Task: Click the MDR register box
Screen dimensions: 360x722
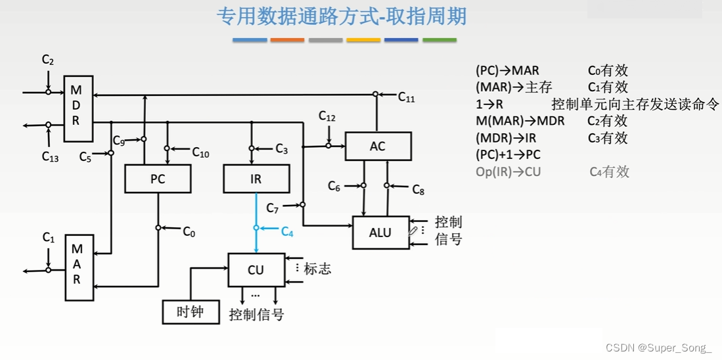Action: (x=77, y=108)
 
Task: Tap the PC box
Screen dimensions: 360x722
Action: (x=158, y=178)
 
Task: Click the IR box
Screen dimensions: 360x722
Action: (x=256, y=178)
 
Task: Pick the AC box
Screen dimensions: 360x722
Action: (x=378, y=146)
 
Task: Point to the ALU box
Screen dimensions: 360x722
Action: (x=380, y=232)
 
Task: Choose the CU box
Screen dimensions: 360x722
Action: (x=256, y=269)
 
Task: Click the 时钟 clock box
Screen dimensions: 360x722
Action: (x=191, y=312)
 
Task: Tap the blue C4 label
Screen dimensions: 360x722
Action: (x=288, y=231)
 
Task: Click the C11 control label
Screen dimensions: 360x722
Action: (x=407, y=97)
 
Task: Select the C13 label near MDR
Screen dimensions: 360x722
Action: (x=50, y=156)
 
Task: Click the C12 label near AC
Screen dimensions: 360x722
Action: (x=327, y=116)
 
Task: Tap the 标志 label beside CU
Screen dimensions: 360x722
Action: (x=317, y=269)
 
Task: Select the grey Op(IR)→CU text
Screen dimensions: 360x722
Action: (x=508, y=172)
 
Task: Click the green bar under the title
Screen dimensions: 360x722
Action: (x=439, y=41)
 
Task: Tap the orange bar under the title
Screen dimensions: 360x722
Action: (x=287, y=41)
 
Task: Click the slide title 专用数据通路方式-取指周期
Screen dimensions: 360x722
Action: (x=342, y=16)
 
